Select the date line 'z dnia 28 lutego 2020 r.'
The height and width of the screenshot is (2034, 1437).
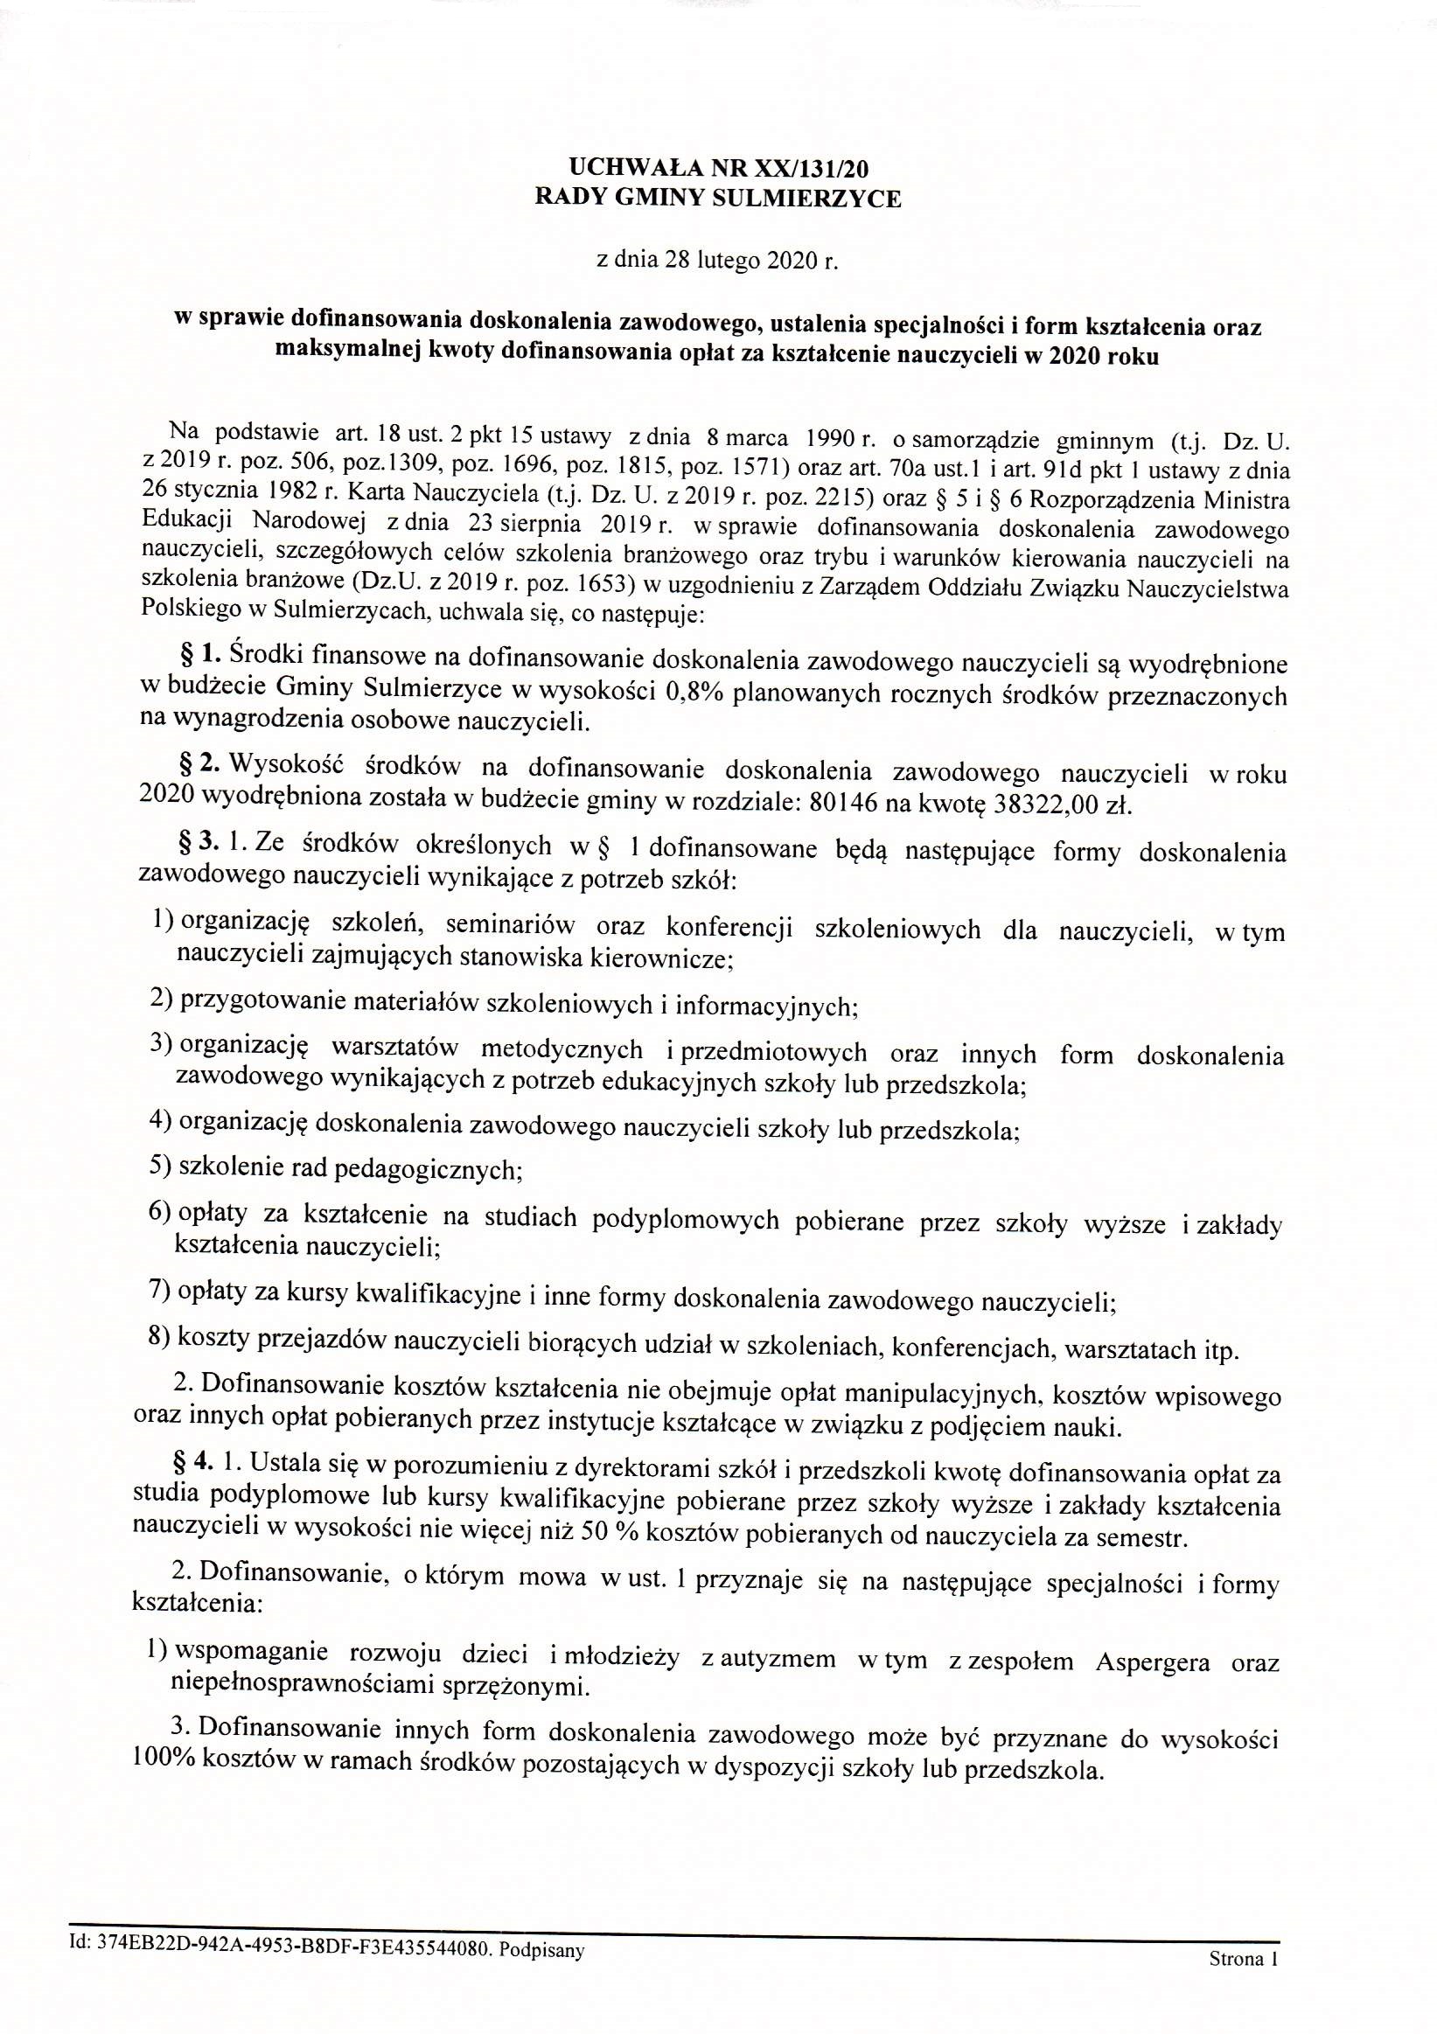[717, 261]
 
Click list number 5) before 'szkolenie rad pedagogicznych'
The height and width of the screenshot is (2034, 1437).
[160, 1167]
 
